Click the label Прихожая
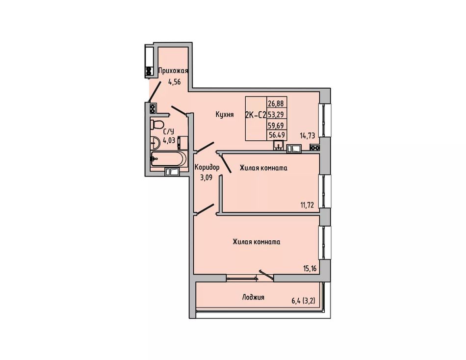coord(173,71)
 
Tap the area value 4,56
coord(175,82)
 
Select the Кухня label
coord(225,114)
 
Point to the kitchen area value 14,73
coord(307,135)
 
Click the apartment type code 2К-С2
coord(256,115)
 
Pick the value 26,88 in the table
coord(276,103)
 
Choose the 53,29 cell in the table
coord(276,114)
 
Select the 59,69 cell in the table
coord(276,125)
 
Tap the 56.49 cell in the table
coord(277,135)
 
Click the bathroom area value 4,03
coord(169,141)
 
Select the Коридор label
coord(207,167)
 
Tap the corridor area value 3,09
coord(206,178)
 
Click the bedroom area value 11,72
coord(307,205)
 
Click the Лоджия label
coord(253,297)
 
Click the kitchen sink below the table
coord(278,146)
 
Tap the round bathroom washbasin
coord(155,143)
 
